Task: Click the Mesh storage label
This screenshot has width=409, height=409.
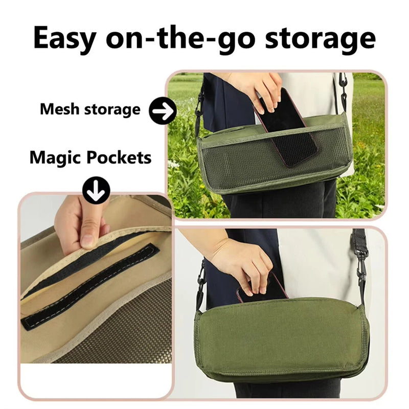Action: pos(90,109)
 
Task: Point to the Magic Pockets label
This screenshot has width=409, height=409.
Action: pos(90,157)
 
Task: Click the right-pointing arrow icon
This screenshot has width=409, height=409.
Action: pos(163,110)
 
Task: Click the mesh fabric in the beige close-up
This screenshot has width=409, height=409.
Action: pos(118,332)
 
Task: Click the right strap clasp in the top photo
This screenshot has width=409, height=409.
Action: pos(343,87)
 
